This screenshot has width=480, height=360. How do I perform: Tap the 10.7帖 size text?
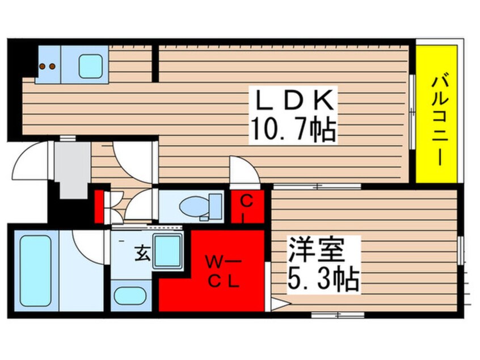(294, 131)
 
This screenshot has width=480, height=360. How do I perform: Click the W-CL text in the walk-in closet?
(222, 271)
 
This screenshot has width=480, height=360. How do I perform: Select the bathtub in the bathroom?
(35, 270)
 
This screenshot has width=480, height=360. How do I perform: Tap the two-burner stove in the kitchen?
(47, 66)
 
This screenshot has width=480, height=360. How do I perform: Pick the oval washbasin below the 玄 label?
(129, 296)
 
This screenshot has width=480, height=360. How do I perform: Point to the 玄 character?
(142, 255)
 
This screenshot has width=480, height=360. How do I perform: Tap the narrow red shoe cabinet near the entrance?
(98, 207)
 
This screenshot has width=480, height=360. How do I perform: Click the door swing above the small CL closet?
(243, 170)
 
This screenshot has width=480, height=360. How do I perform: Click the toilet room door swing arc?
(141, 205)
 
